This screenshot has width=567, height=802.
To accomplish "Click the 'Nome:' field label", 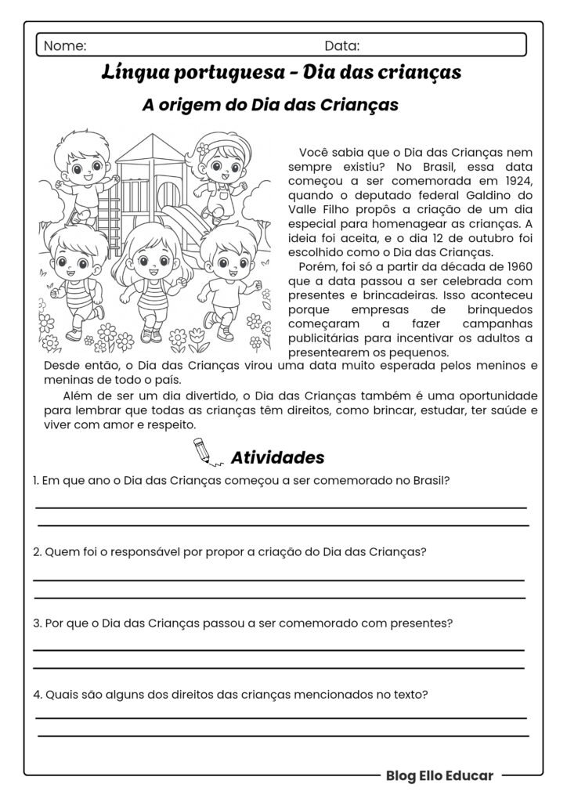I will pyautogui.click(x=65, y=45).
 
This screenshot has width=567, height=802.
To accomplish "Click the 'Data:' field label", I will pyautogui.click(x=342, y=45).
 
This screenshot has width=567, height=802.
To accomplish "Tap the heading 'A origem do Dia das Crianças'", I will pyautogui.click(x=270, y=105).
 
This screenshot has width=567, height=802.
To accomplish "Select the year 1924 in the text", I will pyautogui.click(x=518, y=181).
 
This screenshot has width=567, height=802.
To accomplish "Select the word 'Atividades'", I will pyautogui.click(x=277, y=457).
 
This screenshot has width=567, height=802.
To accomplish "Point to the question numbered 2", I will pyautogui.click(x=229, y=551).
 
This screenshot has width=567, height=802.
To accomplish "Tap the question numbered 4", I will pyautogui.click(x=230, y=694).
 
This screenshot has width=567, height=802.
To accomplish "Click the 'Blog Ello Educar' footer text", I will pyautogui.click(x=439, y=775).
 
